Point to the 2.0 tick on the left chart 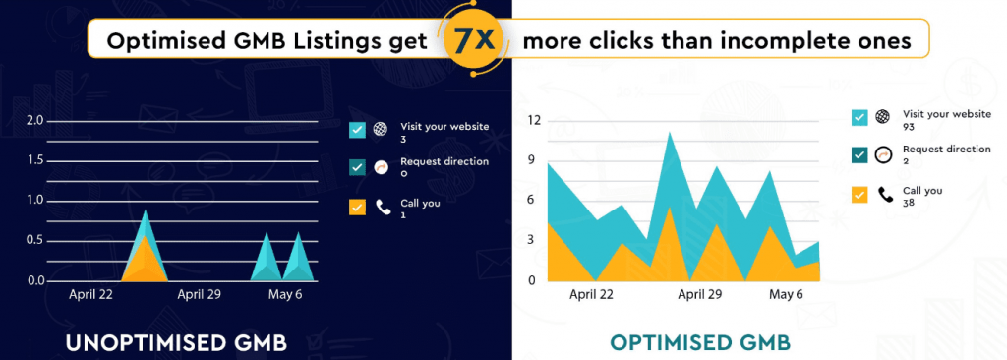(x=35, y=120)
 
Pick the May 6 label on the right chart (x=786, y=293)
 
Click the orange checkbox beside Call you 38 (x=859, y=195)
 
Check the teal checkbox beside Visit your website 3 (x=357, y=129)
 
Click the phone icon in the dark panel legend (x=383, y=208)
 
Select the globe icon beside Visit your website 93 (x=883, y=117)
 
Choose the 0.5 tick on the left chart (x=35, y=240)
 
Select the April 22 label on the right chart (x=592, y=293)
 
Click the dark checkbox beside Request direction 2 (x=859, y=154)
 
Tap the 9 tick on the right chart (x=532, y=160)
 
